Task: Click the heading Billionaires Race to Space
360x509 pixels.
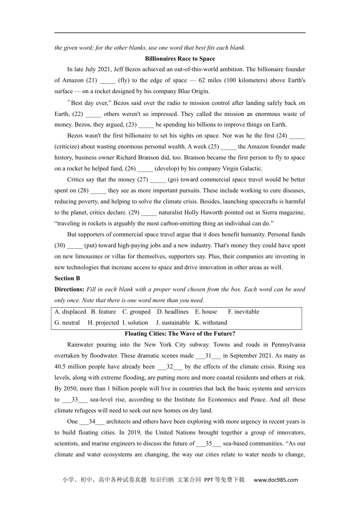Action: (x=180, y=59)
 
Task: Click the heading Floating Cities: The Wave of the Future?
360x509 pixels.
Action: (x=180, y=334)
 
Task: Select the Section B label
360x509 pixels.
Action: (x=67, y=278)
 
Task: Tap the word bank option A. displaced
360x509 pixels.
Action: (x=70, y=312)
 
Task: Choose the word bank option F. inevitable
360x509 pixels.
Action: (x=244, y=312)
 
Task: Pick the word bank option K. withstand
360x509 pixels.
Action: (x=211, y=323)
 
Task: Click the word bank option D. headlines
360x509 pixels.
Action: (x=173, y=312)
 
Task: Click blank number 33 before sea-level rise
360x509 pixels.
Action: (x=75, y=400)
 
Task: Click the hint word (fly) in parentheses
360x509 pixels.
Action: (x=124, y=80)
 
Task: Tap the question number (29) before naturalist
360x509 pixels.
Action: (x=134, y=212)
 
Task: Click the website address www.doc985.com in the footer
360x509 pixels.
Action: (x=276, y=480)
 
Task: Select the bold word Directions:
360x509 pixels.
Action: (x=69, y=289)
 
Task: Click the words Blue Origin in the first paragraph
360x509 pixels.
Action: (x=193, y=91)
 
